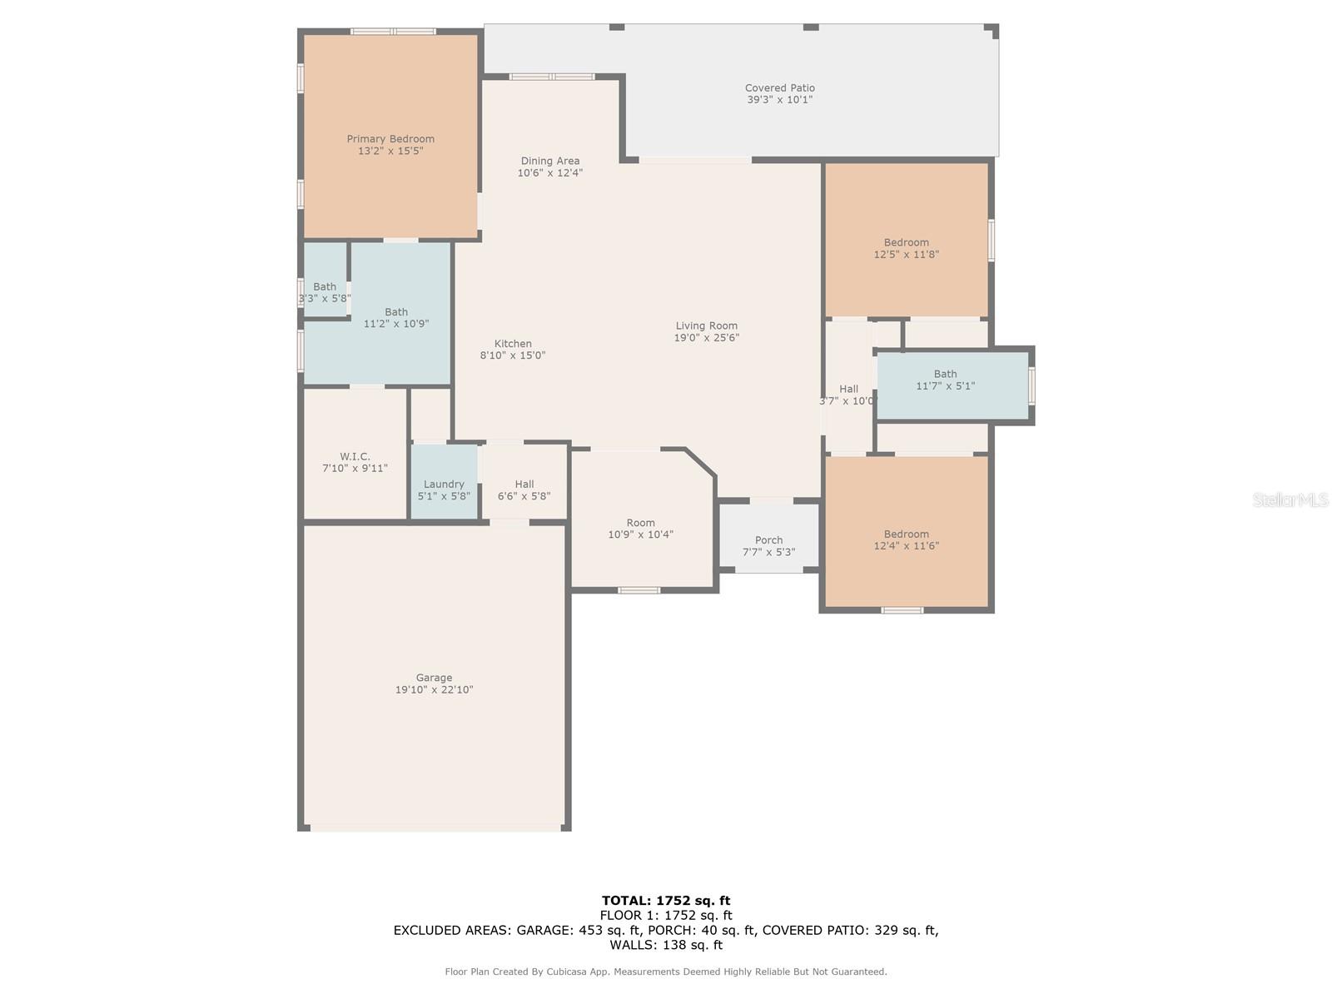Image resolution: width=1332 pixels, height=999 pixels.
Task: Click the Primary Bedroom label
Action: (x=390, y=139)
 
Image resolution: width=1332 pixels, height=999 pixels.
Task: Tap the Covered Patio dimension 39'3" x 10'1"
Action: (x=779, y=100)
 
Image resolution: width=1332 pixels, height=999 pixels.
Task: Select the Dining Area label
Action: (x=549, y=161)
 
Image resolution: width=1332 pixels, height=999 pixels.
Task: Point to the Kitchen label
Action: (x=513, y=344)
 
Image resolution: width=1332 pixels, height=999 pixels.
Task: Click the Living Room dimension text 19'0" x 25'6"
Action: (x=706, y=338)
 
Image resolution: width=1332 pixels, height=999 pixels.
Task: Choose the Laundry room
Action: (x=444, y=490)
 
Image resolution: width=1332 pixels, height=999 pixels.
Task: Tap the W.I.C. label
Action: (x=355, y=456)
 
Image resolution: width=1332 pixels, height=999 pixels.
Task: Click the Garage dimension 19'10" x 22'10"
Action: (x=434, y=690)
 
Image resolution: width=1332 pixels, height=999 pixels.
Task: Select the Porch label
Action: (x=768, y=540)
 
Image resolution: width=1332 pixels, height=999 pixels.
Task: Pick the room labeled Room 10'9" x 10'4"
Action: (x=640, y=529)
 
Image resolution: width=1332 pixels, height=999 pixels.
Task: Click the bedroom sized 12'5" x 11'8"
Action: (x=906, y=248)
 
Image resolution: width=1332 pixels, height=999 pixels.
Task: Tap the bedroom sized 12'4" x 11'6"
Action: (x=906, y=539)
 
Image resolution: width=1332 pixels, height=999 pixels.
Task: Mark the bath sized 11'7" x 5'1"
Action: (x=945, y=380)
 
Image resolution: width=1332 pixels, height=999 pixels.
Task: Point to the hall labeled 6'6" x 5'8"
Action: (x=524, y=490)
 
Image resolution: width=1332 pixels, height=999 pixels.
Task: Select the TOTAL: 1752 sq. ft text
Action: (x=666, y=900)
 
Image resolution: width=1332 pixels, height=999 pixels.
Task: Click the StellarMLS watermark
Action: (x=1290, y=499)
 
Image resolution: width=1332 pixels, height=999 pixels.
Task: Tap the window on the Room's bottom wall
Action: (x=639, y=590)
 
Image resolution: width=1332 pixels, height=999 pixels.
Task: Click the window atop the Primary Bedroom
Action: (x=393, y=32)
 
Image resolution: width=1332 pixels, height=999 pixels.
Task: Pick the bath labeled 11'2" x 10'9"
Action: (x=396, y=318)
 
